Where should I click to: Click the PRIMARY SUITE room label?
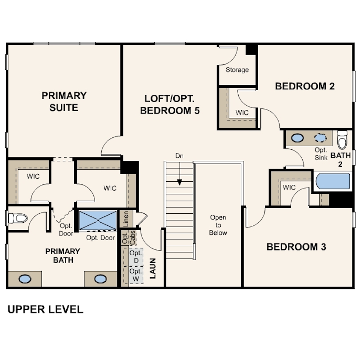(64, 101)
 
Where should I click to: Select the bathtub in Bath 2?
(333, 181)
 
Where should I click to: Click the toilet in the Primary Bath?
(18, 218)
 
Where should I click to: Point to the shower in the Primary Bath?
(98, 220)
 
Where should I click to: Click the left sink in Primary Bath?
(25, 279)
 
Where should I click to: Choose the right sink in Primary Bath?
(100, 279)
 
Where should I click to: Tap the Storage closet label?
(237, 70)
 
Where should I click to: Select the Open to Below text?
(218, 225)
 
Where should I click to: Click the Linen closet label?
(126, 219)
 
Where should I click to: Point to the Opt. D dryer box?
(136, 257)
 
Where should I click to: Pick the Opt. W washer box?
(136, 275)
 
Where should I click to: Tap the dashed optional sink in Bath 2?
(320, 138)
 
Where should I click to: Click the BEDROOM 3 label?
(296, 247)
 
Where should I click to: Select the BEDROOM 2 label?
(305, 86)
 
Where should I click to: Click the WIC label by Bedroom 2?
(242, 112)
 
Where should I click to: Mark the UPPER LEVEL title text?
(45, 309)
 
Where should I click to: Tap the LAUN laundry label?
(153, 268)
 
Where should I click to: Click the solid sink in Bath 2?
(297, 138)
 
